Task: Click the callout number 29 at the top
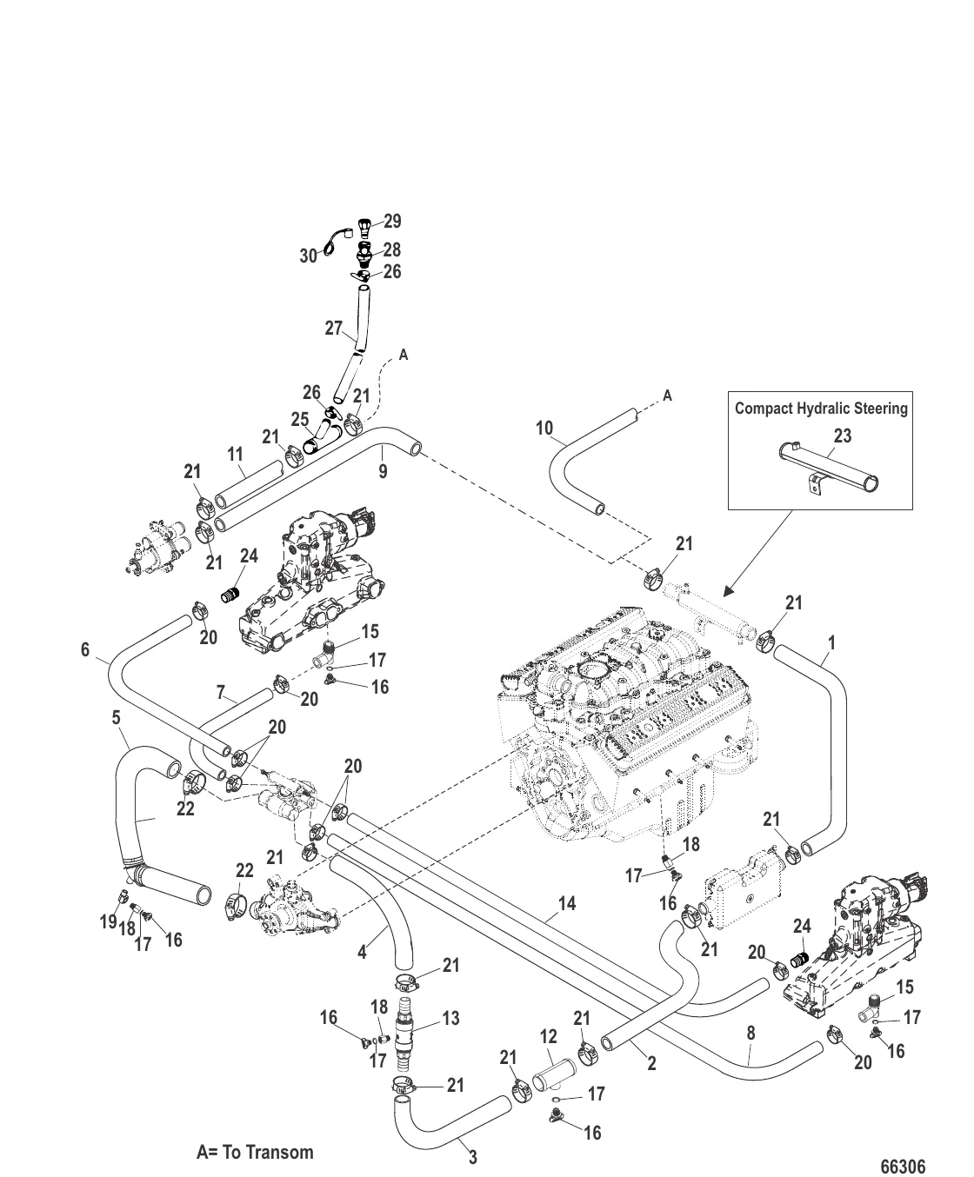coord(392,222)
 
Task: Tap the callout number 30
coord(310,256)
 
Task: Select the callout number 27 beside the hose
coord(335,329)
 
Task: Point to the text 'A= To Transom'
coord(255,1152)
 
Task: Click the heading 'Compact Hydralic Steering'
coord(821,408)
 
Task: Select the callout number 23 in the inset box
coord(843,436)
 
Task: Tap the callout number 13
coord(450,1018)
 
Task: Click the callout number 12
coord(548,1036)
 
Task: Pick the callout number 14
coord(567,904)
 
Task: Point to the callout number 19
coord(108,921)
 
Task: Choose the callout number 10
coord(544,428)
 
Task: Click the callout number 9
coord(383,472)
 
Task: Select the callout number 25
coord(300,419)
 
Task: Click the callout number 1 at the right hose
coord(831,642)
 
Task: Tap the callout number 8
coord(751,1034)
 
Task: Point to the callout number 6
coord(85,649)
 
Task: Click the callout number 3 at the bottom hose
coord(473,1157)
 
